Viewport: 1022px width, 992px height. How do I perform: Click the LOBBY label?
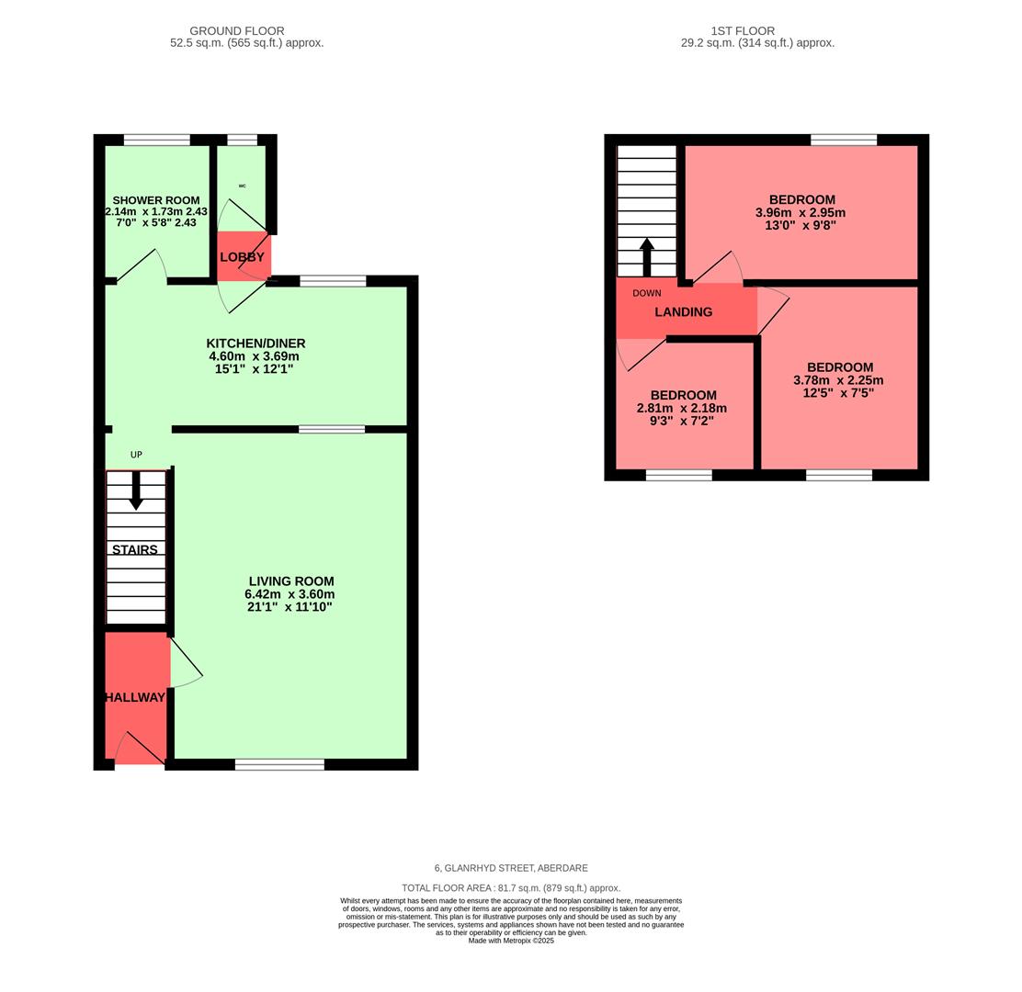pyautogui.click(x=242, y=257)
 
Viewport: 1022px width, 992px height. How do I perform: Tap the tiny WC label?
pyautogui.click(x=243, y=186)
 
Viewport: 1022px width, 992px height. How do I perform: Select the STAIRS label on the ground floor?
pyautogui.click(x=135, y=550)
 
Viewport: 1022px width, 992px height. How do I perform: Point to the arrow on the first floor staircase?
pyautogui.click(x=647, y=256)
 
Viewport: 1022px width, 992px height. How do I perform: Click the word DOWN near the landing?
pyautogui.click(x=647, y=293)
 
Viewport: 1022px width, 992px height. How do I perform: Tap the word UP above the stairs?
pyautogui.click(x=136, y=455)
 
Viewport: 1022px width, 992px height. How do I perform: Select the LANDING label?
pyautogui.click(x=684, y=312)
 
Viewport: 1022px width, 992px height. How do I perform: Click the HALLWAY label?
pyautogui.click(x=135, y=698)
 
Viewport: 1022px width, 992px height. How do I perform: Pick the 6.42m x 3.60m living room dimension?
pyautogui.click(x=290, y=594)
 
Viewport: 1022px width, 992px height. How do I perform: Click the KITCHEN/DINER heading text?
pyautogui.click(x=255, y=344)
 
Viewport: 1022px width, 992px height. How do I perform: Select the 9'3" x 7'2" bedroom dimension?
pyautogui.click(x=682, y=421)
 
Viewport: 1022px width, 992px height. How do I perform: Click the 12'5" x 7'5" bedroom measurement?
pyautogui.click(x=838, y=393)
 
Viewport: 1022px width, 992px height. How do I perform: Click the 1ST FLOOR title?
pyautogui.click(x=742, y=31)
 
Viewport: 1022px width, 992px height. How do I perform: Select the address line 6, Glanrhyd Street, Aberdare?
pyautogui.click(x=511, y=868)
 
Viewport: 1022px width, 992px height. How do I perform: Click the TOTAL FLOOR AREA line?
pyautogui.click(x=511, y=888)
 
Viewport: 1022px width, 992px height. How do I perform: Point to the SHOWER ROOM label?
pyautogui.click(x=156, y=200)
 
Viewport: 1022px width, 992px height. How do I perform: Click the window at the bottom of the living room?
pyautogui.click(x=279, y=764)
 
